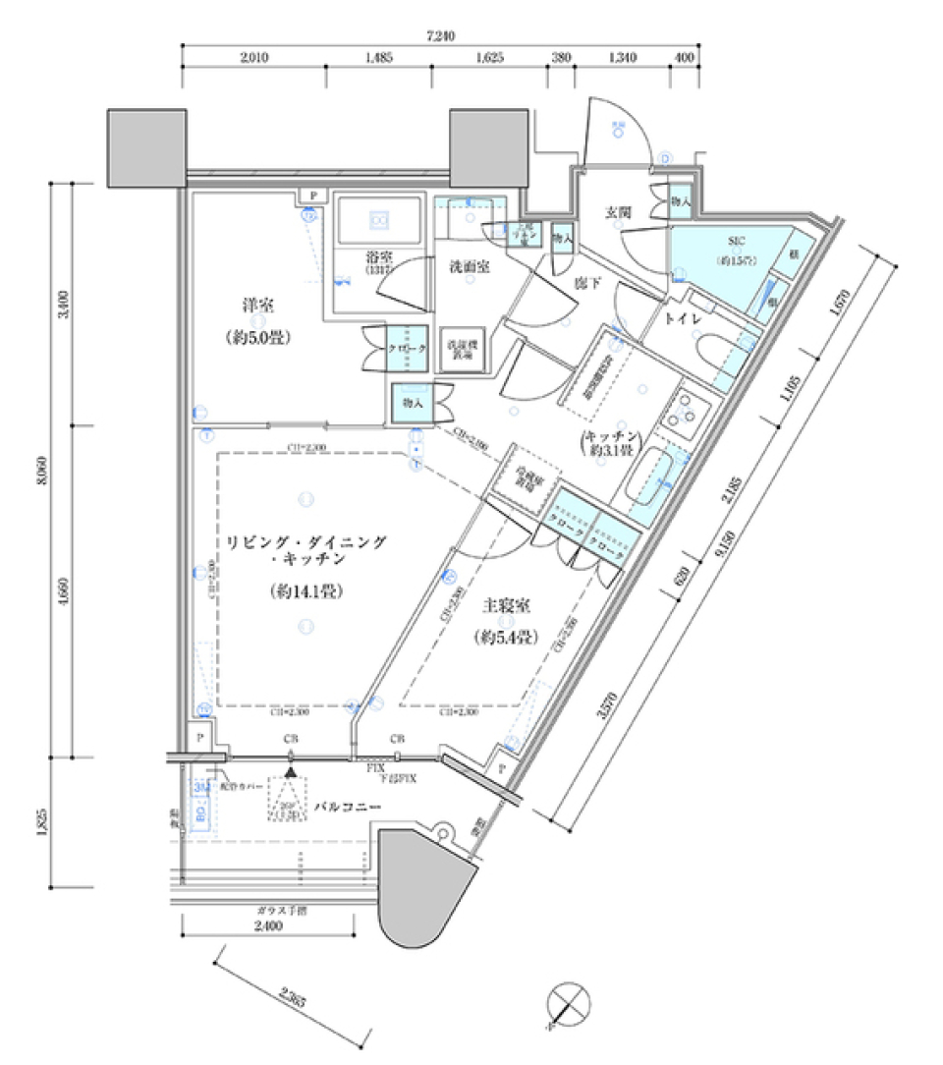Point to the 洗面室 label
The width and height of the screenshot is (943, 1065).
coord(471,266)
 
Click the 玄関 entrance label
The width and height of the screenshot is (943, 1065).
coord(617,212)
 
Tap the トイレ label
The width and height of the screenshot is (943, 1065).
coord(680,319)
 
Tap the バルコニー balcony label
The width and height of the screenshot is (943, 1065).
coord(346,807)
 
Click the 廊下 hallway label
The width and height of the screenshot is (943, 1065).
coord(587,284)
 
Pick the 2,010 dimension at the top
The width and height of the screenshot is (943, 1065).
coord(253,58)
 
